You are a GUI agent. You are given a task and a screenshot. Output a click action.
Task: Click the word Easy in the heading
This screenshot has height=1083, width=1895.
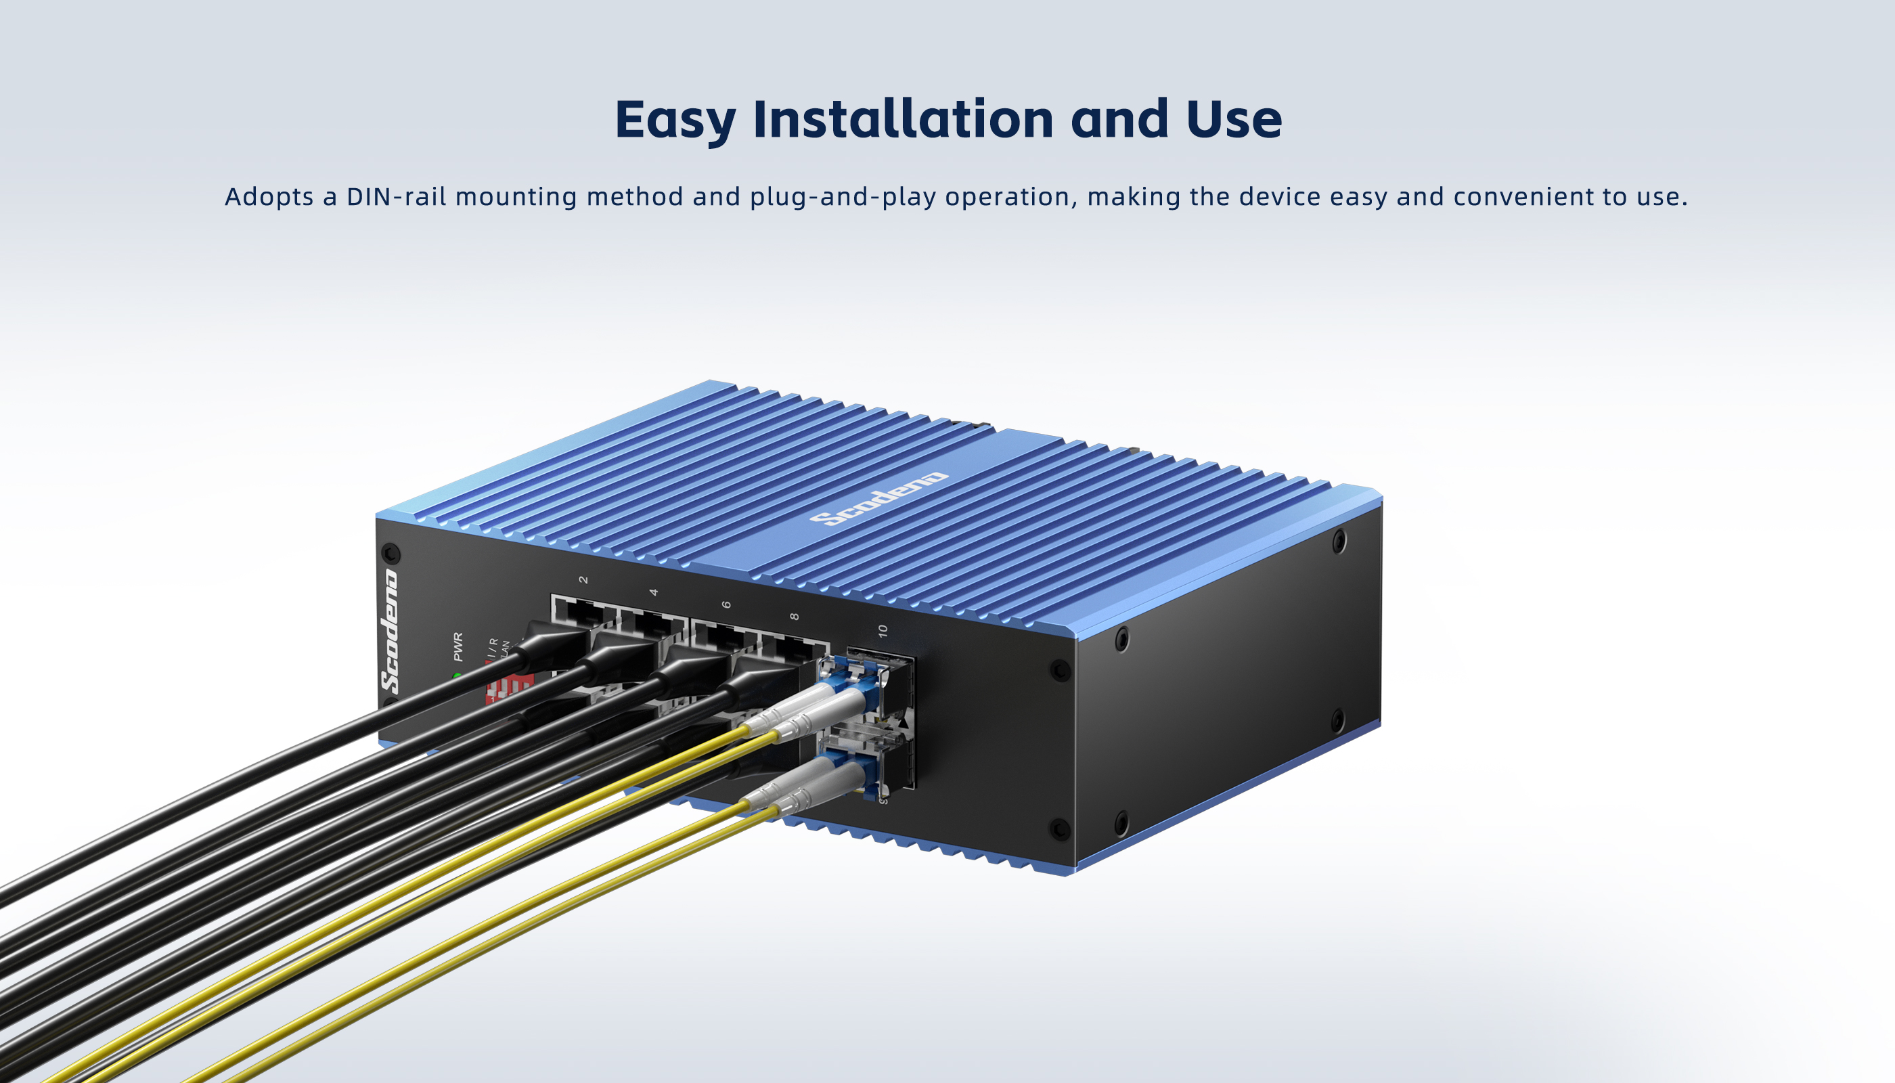tap(675, 120)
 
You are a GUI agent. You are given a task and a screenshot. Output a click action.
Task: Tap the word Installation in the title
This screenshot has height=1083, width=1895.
tap(903, 119)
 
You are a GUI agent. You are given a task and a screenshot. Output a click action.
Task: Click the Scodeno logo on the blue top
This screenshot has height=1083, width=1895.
tap(879, 498)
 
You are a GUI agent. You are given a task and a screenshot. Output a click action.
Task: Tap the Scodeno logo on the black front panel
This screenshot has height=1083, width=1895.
tap(390, 632)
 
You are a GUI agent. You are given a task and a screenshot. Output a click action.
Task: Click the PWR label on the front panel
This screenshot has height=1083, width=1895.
tap(458, 646)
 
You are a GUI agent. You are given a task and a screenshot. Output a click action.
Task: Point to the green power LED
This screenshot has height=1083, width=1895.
tap(457, 676)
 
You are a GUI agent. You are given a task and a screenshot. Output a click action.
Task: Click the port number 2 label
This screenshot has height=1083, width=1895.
tap(584, 579)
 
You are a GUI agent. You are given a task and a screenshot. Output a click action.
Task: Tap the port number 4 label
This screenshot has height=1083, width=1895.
tap(654, 592)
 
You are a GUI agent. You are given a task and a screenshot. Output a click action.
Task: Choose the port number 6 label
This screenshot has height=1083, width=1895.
tap(726, 604)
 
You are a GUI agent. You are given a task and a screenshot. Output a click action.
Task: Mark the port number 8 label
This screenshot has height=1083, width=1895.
tap(795, 617)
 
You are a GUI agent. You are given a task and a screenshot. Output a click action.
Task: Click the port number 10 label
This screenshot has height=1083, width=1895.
tap(883, 631)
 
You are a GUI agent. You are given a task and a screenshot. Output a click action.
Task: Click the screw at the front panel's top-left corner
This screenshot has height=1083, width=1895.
tap(391, 554)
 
